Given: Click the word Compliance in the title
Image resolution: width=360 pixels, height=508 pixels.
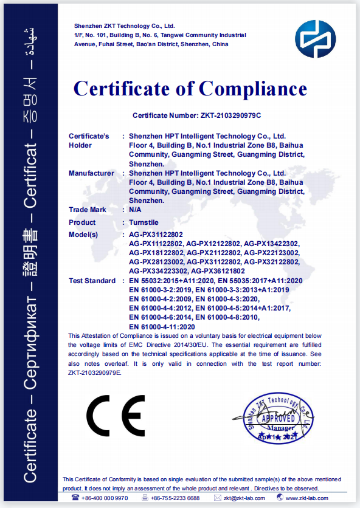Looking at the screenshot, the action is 252,89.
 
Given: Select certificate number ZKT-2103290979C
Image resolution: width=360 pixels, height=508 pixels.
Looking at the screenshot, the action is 230,115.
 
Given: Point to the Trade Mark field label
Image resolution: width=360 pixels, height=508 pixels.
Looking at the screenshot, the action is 88,210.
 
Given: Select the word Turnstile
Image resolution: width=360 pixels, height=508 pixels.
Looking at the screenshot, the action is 144,222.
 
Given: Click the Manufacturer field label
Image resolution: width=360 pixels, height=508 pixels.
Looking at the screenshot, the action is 91,173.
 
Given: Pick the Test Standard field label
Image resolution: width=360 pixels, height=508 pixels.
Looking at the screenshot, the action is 92,281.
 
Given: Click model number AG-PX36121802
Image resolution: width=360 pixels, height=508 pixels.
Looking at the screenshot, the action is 218,271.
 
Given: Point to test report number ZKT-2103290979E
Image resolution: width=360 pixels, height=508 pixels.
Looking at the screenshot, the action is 95,373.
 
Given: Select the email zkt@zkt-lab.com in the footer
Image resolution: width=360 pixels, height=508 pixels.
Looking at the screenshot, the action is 243,498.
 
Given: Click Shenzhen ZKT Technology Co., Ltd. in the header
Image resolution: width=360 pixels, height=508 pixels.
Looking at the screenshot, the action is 124,26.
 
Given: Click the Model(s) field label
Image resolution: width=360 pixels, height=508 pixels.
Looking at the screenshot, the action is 86,235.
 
